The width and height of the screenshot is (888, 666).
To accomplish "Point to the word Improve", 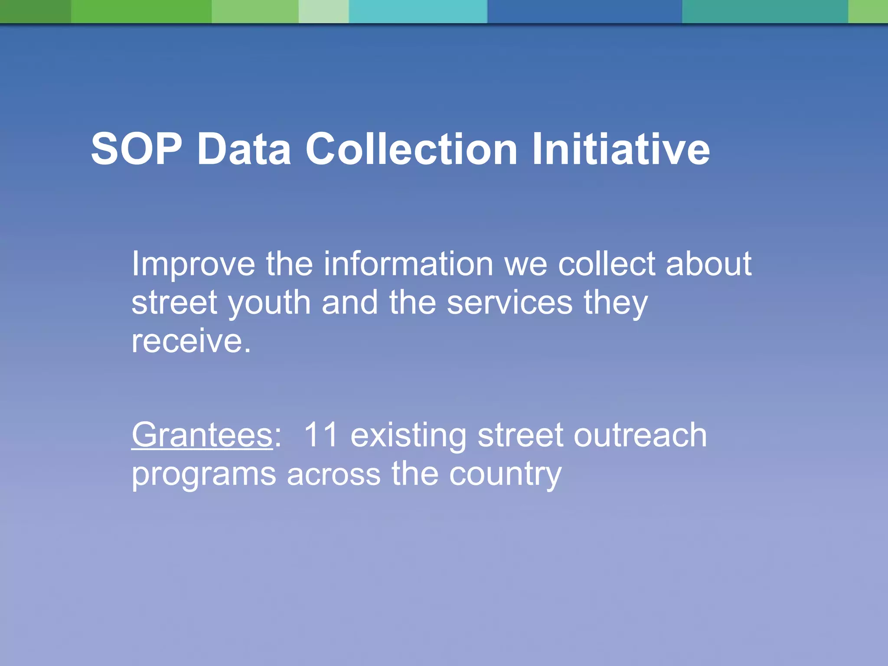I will [x=193, y=264].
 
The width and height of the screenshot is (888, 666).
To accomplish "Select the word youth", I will [x=269, y=303].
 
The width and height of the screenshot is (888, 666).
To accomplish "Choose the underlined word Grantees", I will [x=202, y=434].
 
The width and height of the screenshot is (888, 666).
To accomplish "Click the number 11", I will [x=320, y=434].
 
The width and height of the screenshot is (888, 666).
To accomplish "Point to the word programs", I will [x=203, y=474].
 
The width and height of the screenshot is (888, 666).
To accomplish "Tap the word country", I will [x=505, y=474].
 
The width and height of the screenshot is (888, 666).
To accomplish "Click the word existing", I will [x=408, y=434].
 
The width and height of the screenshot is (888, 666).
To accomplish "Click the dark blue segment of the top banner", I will [x=584, y=11].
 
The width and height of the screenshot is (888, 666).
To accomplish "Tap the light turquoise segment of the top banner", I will [x=418, y=11].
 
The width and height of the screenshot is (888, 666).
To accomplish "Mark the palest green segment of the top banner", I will [x=323, y=11].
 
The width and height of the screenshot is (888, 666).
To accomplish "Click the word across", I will [x=333, y=474].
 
